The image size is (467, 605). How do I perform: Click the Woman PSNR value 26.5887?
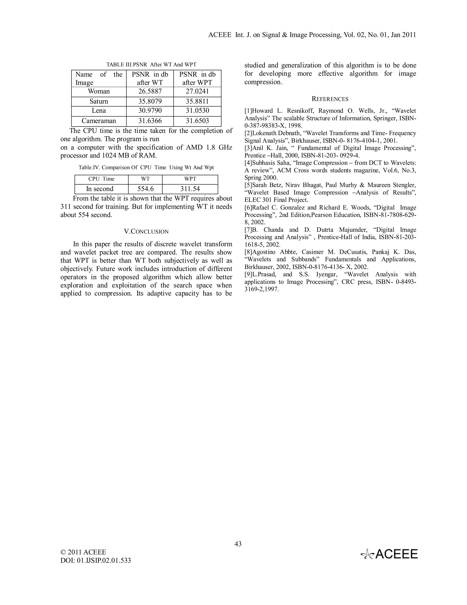point(150,91)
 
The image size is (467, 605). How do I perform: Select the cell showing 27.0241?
point(197,91)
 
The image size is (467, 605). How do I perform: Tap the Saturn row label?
point(99,101)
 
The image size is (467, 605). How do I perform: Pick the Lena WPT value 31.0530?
point(197,111)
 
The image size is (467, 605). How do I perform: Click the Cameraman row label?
point(99,121)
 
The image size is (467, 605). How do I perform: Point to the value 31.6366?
point(150,121)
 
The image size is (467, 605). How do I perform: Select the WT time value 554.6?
point(145,189)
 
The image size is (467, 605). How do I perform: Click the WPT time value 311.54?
point(190,189)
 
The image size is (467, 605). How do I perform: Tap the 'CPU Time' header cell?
point(101,179)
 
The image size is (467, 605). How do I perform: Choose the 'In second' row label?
point(100,189)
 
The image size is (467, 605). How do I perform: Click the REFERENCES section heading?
point(330,99)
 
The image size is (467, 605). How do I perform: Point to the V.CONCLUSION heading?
point(146,231)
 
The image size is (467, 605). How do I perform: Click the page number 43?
point(238,544)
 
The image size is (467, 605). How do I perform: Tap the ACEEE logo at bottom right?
point(389,554)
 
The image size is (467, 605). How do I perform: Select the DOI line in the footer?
point(96,560)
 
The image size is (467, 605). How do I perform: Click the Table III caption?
point(151,65)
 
